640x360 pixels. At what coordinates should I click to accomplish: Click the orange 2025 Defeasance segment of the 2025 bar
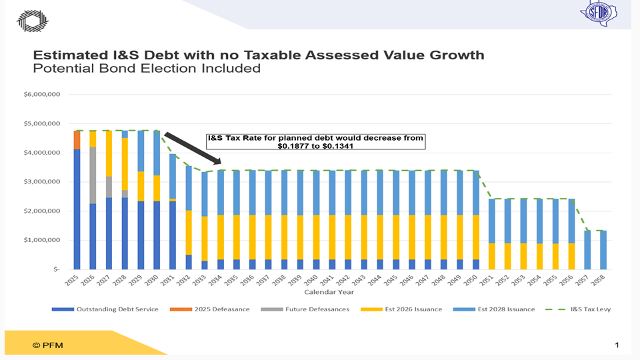77,140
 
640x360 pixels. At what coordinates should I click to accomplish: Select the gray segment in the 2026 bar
93,175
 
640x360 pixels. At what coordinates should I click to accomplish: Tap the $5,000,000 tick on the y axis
42,124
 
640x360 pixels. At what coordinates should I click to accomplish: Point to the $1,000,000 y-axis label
42,240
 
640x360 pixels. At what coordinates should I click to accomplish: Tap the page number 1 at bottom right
617,345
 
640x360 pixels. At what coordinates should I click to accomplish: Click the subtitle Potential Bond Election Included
147,68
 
